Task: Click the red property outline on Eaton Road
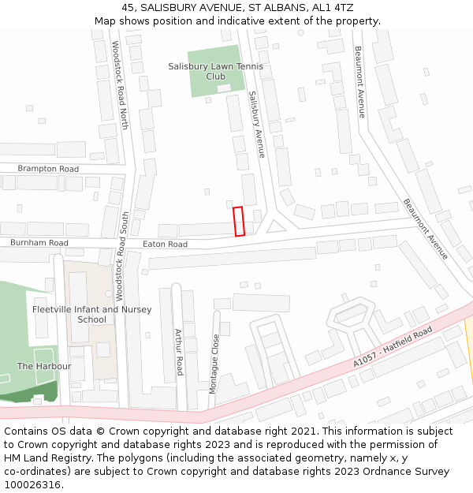click(x=239, y=221)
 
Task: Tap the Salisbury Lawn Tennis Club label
click(x=215, y=72)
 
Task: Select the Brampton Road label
click(x=48, y=169)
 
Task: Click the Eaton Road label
click(x=165, y=245)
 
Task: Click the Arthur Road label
click(x=179, y=351)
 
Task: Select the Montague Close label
click(x=214, y=364)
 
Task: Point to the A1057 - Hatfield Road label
click(x=393, y=345)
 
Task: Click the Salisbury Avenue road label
click(x=257, y=124)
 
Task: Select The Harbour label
click(x=44, y=366)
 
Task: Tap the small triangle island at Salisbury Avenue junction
click(x=275, y=228)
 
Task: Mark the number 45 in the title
click(x=128, y=7)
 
